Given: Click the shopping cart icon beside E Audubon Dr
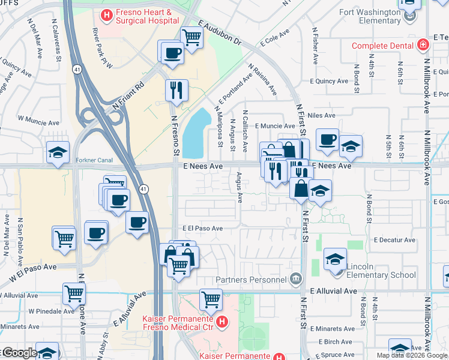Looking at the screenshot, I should (x=191, y=37).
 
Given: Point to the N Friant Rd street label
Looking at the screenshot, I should (x=128, y=95).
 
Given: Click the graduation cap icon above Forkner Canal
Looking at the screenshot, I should (x=58, y=152).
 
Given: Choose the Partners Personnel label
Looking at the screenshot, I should (x=250, y=280).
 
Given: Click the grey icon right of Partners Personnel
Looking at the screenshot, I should (x=295, y=278).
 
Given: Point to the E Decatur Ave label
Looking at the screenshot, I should (x=394, y=240).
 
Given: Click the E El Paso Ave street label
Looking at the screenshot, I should (x=202, y=229).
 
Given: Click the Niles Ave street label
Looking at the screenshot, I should (x=321, y=115).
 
